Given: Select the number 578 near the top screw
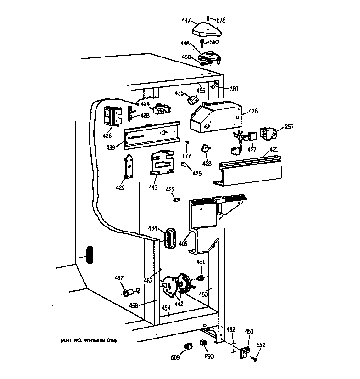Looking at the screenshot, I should (x=221, y=21).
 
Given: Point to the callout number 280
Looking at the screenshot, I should (x=234, y=89).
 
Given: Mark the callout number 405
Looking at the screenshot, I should (x=183, y=244).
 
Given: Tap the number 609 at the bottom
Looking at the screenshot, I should (x=175, y=357).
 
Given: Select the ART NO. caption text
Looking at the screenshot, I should (x=88, y=340).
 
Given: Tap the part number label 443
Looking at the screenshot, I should (x=153, y=187).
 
